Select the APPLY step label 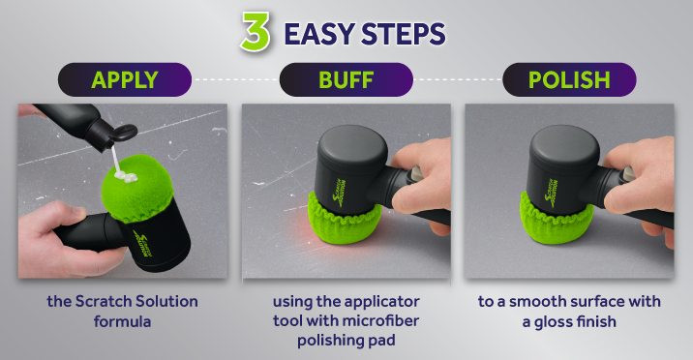125,79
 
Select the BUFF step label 346,79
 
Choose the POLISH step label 569,79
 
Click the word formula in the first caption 123,319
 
